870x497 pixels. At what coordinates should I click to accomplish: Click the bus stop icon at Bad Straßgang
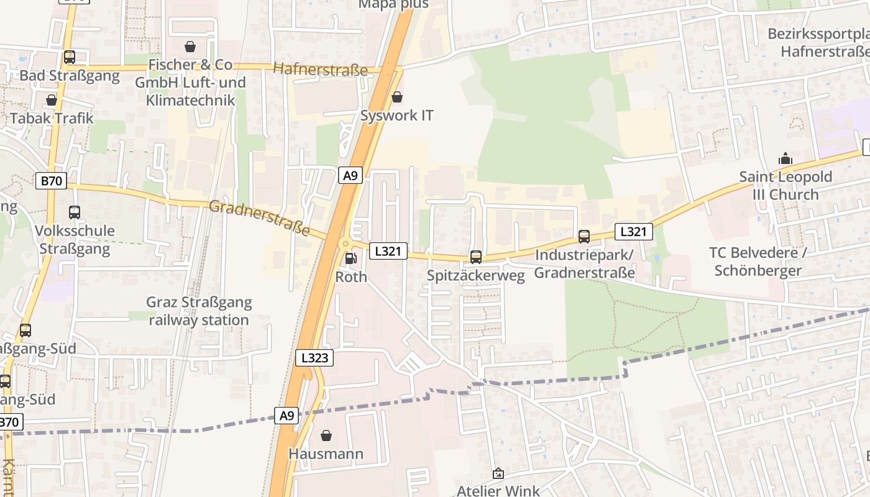pyautogui.click(x=70, y=57)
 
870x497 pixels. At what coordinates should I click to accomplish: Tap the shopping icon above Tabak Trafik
pyautogui.click(x=52, y=100)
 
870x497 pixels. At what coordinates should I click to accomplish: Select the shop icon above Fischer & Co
pyautogui.click(x=190, y=47)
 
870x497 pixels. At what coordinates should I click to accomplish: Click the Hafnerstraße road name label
pyautogui.click(x=320, y=70)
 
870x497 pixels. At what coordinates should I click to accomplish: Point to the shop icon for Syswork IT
pyautogui.click(x=397, y=98)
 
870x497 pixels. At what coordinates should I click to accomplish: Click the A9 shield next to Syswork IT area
pyautogui.click(x=350, y=176)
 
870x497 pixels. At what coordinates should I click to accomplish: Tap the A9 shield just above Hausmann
pyautogui.click(x=286, y=416)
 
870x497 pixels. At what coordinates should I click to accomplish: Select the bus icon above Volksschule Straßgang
pyautogui.click(x=75, y=212)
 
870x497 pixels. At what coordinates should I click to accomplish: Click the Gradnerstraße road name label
pyautogui.click(x=259, y=217)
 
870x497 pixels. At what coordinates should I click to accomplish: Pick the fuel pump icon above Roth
pyautogui.click(x=351, y=258)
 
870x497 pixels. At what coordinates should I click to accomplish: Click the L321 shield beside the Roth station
pyautogui.click(x=388, y=251)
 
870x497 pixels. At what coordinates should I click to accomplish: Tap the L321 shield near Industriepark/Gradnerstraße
pyautogui.click(x=634, y=232)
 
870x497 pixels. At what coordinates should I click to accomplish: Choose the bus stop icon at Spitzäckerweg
pyautogui.click(x=476, y=257)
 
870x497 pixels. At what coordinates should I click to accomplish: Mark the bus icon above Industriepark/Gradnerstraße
pyautogui.click(x=584, y=237)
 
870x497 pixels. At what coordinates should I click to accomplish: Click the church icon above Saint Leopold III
pyautogui.click(x=785, y=158)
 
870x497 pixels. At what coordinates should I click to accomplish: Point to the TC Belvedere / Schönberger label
pyautogui.click(x=758, y=262)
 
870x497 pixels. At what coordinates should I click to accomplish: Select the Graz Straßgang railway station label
pyautogui.click(x=199, y=311)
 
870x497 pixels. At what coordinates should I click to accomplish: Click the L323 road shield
pyautogui.click(x=314, y=358)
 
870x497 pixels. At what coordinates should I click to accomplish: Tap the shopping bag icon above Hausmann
pyautogui.click(x=326, y=435)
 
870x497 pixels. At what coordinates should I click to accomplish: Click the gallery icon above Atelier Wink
pyautogui.click(x=498, y=473)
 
